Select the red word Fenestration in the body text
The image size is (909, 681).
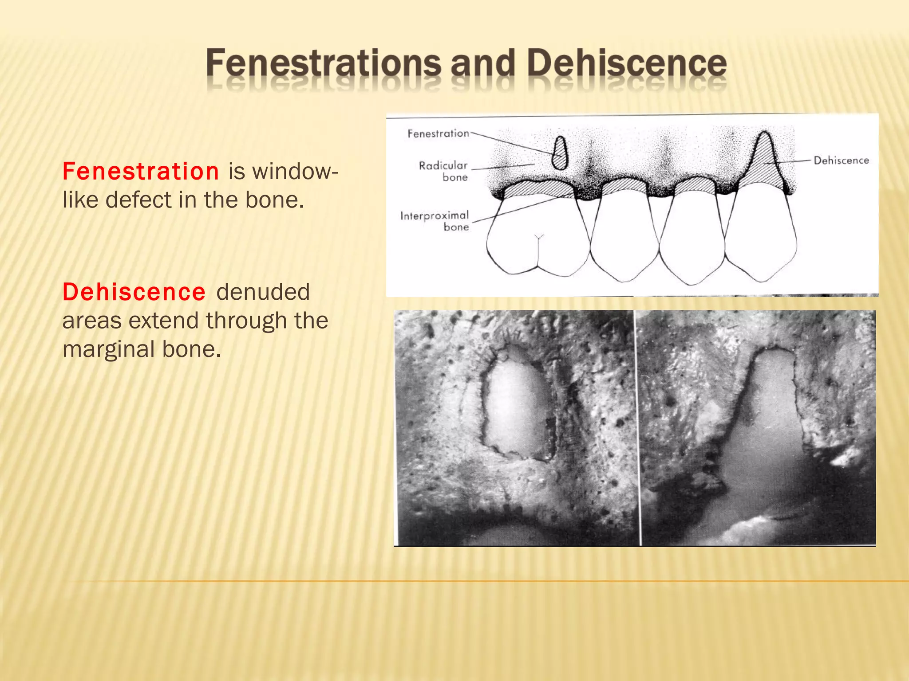click(x=141, y=171)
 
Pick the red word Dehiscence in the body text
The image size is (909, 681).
click(x=134, y=292)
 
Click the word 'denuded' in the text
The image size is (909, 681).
click(x=263, y=292)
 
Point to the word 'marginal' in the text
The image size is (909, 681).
click(x=109, y=349)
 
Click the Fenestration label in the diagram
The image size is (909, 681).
click(x=438, y=133)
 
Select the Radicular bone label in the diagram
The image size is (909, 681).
click(x=444, y=171)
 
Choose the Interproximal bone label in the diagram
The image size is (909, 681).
click(x=435, y=221)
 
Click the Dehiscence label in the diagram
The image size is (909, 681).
click(x=841, y=160)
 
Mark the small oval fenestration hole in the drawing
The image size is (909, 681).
click(x=560, y=153)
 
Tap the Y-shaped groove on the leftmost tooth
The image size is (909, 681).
click(x=539, y=239)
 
